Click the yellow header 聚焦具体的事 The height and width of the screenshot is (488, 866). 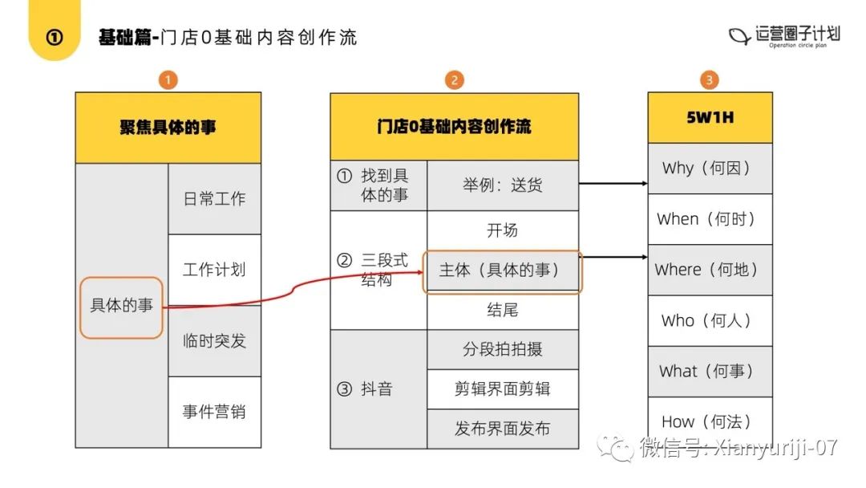coord(168,128)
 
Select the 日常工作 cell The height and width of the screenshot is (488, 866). coord(214,199)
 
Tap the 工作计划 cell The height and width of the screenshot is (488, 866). coord(214,270)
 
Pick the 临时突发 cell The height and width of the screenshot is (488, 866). coord(214,340)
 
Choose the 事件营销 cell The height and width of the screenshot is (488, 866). coord(214,412)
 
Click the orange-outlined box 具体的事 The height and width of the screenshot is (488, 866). coord(121,306)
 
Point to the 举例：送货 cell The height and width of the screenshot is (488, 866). coord(503,185)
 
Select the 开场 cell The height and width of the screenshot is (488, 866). coord(503,230)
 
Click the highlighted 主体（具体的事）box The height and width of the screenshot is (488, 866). coord(503,270)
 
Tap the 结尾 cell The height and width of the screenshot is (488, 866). coord(503,310)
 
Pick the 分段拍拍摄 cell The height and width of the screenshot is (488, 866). coord(503,349)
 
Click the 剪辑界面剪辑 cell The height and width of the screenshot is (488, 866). coord(503,389)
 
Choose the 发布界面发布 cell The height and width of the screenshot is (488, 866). coord(503,429)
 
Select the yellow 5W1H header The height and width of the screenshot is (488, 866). coord(710,117)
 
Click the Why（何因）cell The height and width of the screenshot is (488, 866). coord(710,169)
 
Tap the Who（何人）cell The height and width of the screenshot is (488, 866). coord(710,321)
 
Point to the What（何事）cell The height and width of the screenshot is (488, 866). coord(710,372)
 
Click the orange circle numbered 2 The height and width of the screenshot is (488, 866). coord(454,79)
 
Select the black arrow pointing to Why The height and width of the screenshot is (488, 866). coord(613,184)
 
